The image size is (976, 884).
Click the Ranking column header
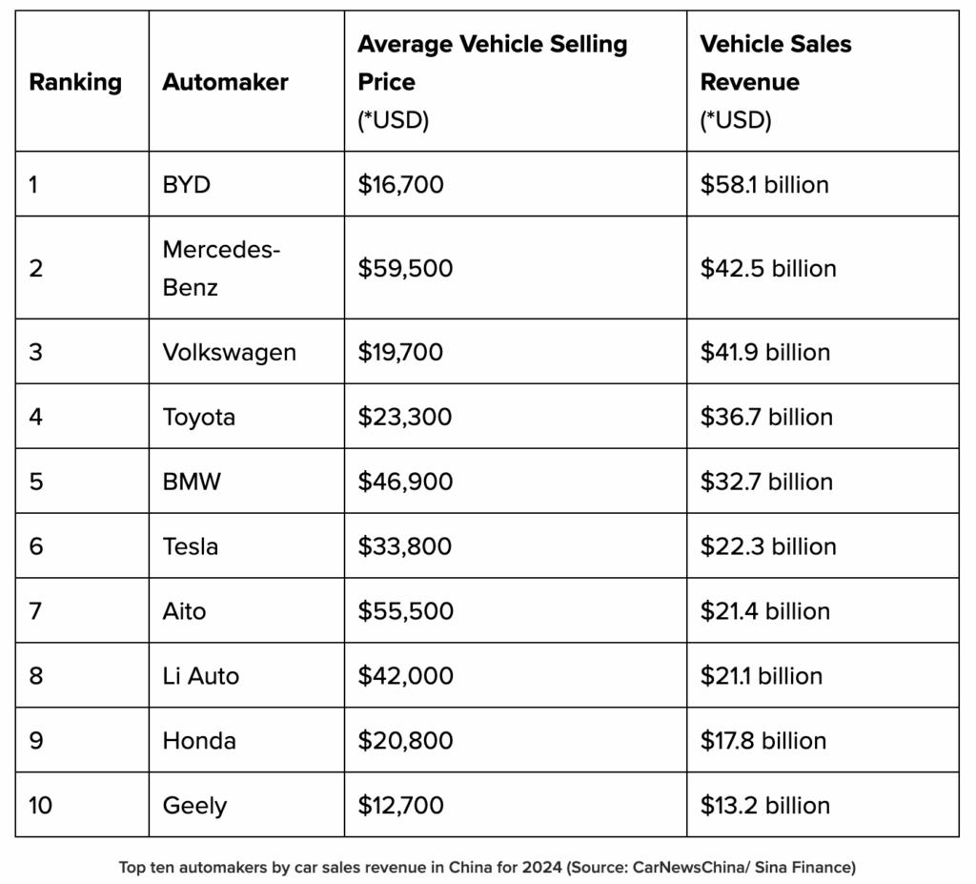pos(75,82)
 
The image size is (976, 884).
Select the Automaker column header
pos(225,82)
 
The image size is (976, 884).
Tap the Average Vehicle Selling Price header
pos(492,63)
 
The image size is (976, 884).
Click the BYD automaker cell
pos(187,184)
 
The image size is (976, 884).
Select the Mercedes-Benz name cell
pos(220,268)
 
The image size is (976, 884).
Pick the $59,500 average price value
pos(405,268)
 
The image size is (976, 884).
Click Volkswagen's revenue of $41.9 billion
pos(764,352)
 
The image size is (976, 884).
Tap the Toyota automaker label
pos(198,417)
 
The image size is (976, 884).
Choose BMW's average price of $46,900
pos(405,482)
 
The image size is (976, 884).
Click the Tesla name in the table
pos(190,546)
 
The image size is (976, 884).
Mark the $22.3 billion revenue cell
pos(767,546)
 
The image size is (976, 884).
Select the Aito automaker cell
pos(184,611)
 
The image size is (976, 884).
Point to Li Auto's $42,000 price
pos(405,676)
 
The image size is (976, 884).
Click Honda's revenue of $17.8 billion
pos(762,741)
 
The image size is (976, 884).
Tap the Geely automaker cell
pos(194,806)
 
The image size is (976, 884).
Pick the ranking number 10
pos(41,806)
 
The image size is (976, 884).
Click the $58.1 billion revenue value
pos(764,184)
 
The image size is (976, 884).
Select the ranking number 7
pos(35,611)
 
